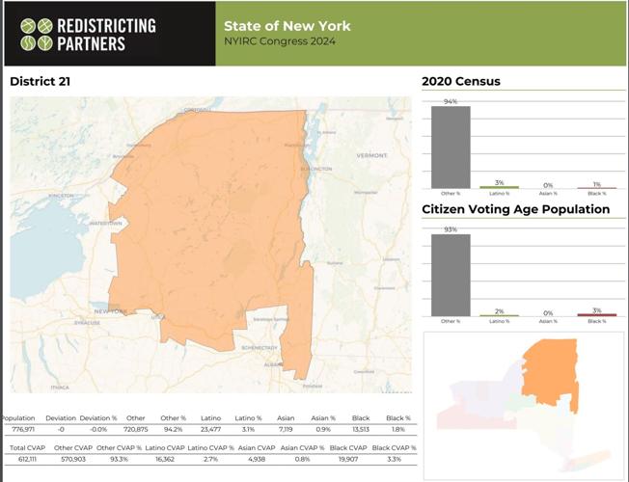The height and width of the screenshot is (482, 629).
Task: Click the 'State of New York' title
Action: (x=287, y=26)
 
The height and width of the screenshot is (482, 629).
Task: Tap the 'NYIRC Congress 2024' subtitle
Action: (x=280, y=42)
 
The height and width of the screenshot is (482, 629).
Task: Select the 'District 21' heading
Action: (x=40, y=82)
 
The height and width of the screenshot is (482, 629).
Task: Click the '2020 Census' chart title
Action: (x=461, y=82)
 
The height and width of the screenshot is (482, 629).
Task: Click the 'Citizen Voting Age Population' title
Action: (x=515, y=209)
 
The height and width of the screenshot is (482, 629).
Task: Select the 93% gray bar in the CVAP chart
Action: (x=451, y=275)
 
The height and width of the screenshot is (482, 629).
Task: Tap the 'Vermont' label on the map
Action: (x=371, y=155)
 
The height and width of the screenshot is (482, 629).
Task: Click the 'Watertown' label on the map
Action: (x=106, y=223)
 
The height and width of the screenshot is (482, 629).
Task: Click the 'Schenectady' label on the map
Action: (x=259, y=347)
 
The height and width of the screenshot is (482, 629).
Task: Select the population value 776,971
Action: (x=19, y=429)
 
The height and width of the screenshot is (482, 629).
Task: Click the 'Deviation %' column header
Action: (x=98, y=417)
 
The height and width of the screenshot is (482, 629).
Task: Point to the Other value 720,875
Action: (x=135, y=429)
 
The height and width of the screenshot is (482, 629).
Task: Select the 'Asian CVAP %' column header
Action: (x=301, y=448)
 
